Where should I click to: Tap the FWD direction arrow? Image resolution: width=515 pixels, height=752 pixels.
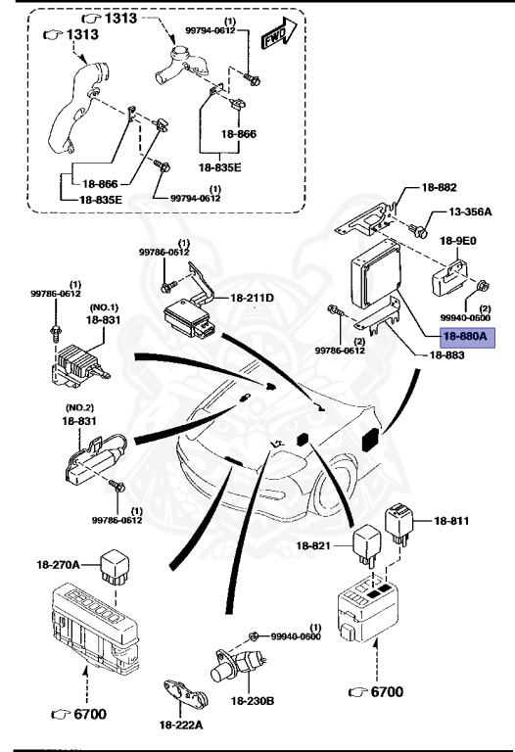(279, 33)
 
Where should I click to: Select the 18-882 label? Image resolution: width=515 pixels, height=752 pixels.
(439, 188)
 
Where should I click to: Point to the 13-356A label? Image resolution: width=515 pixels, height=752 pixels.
(470, 211)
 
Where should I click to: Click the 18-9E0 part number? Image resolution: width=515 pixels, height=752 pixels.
(458, 241)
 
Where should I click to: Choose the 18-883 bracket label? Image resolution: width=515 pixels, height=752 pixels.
(446, 355)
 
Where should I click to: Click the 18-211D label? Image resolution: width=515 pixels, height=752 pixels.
(253, 298)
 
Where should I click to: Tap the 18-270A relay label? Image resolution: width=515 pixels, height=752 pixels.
(58, 564)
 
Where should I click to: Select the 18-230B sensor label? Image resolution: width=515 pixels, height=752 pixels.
(253, 701)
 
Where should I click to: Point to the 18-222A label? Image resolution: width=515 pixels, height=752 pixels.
(181, 725)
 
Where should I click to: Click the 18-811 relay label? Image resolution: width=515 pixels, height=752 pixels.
(451, 521)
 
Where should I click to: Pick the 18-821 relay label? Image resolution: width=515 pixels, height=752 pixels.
(313, 545)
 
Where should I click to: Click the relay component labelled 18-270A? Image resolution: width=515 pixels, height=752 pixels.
(115, 567)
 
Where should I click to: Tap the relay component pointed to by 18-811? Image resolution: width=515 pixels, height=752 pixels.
(398, 523)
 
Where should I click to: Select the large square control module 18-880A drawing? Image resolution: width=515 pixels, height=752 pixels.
(375, 274)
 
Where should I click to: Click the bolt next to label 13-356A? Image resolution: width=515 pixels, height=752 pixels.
(419, 231)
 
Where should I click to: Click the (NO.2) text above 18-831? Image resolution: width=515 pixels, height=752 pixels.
(79, 407)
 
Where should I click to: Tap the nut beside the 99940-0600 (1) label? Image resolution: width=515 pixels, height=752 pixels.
(254, 636)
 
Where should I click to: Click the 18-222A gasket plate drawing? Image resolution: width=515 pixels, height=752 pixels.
(186, 692)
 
